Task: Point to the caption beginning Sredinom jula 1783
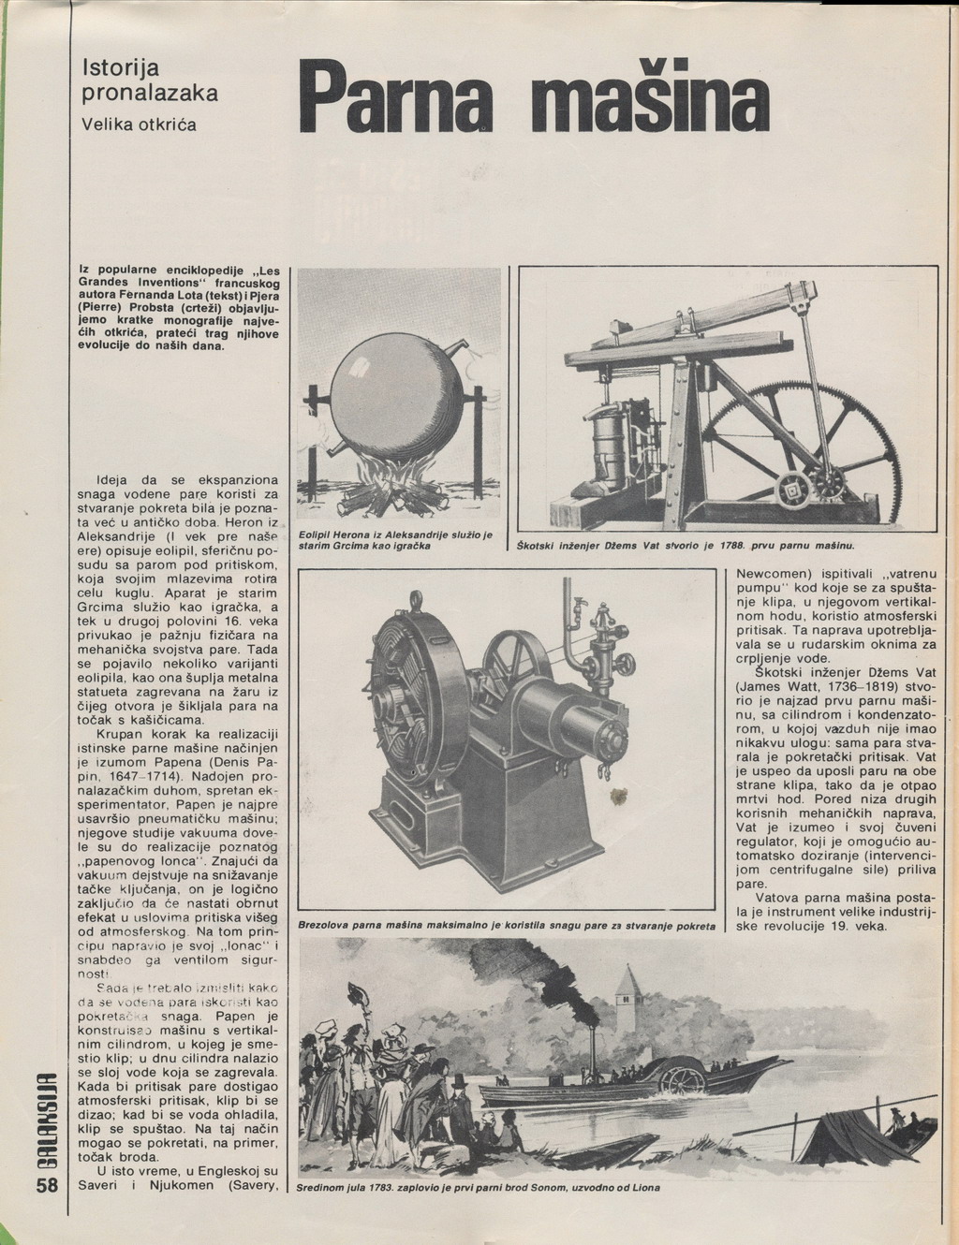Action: (x=478, y=1187)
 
